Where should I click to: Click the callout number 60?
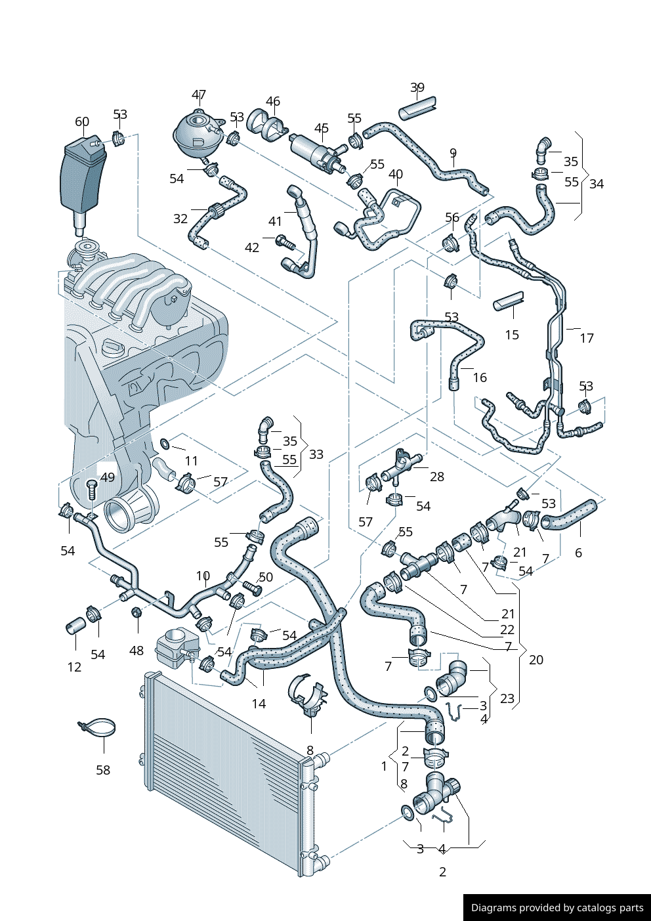click(x=81, y=122)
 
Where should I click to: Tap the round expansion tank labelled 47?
click(x=195, y=131)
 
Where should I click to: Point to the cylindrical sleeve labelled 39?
click(x=417, y=108)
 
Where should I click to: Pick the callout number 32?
click(x=180, y=219)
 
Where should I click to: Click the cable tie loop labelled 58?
click(x=98, y=727)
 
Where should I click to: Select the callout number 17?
click(x=586, y=338)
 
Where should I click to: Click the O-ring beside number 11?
click(x=165, y=444)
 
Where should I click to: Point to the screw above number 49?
click(x=92, y=486)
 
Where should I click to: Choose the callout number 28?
click(x=436, y=477)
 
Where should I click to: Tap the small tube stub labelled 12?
click(x=74, y=625)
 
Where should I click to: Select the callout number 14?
click(x=259, y=704)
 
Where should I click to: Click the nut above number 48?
click(x=136, y=612)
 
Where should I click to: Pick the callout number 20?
click(x=535, y=660)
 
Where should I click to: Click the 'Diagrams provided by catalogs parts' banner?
click(x=556, y=907)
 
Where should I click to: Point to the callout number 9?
click(x=453, y=154)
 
